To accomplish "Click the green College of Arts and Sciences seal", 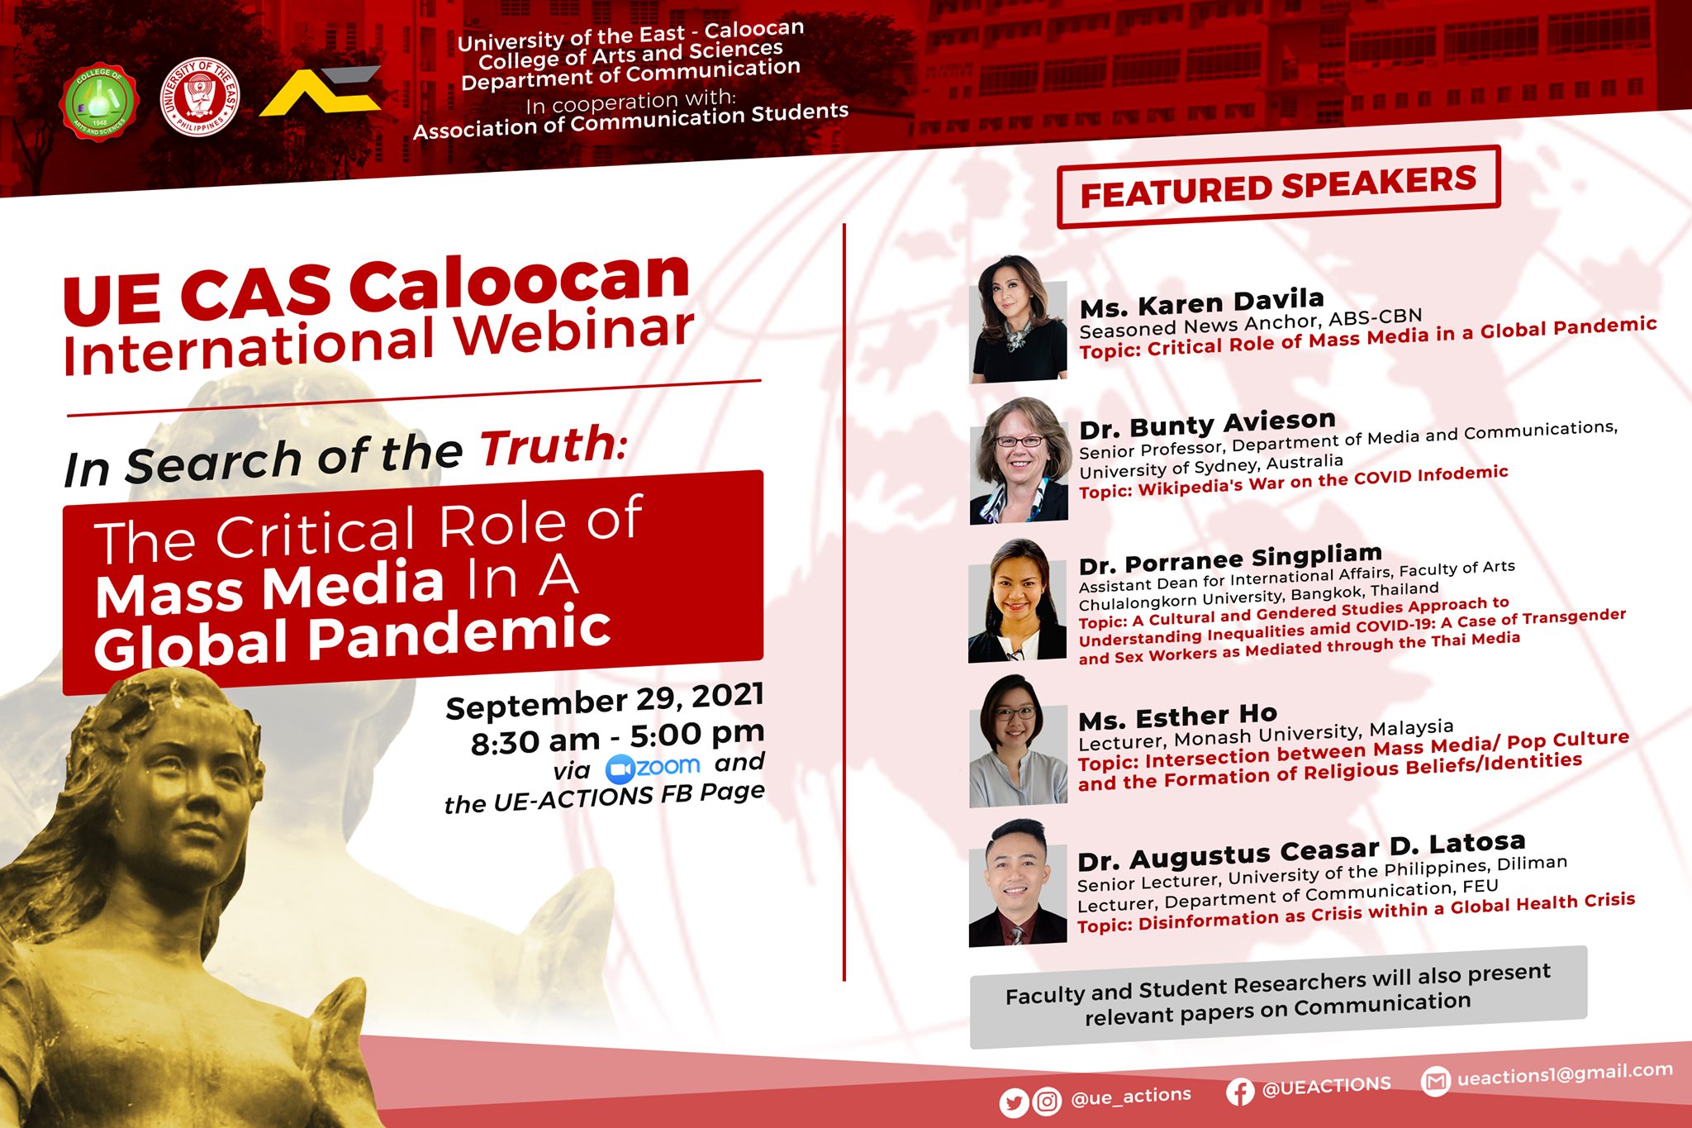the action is point(99,102).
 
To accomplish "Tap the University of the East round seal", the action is point(200,97).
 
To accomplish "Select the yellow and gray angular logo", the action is point(321,91).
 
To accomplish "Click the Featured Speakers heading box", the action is point(1278,187).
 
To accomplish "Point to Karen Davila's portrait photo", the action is point(1017,319).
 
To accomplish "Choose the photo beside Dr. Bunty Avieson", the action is point(1019,461).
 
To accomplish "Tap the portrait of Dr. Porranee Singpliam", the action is point(1017,601).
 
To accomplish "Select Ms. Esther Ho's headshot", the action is point(1018,740).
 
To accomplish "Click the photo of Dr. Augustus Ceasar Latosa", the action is point(1018,883).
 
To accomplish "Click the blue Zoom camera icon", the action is point(620,770).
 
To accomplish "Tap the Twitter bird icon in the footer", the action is point(1014,1103).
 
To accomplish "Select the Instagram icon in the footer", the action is point(1047,1102).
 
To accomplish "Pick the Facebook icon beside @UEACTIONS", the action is point(1239,1092).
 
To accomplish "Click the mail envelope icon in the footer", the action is point(1436,1081).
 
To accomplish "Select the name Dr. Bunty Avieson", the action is point(1208,425).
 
